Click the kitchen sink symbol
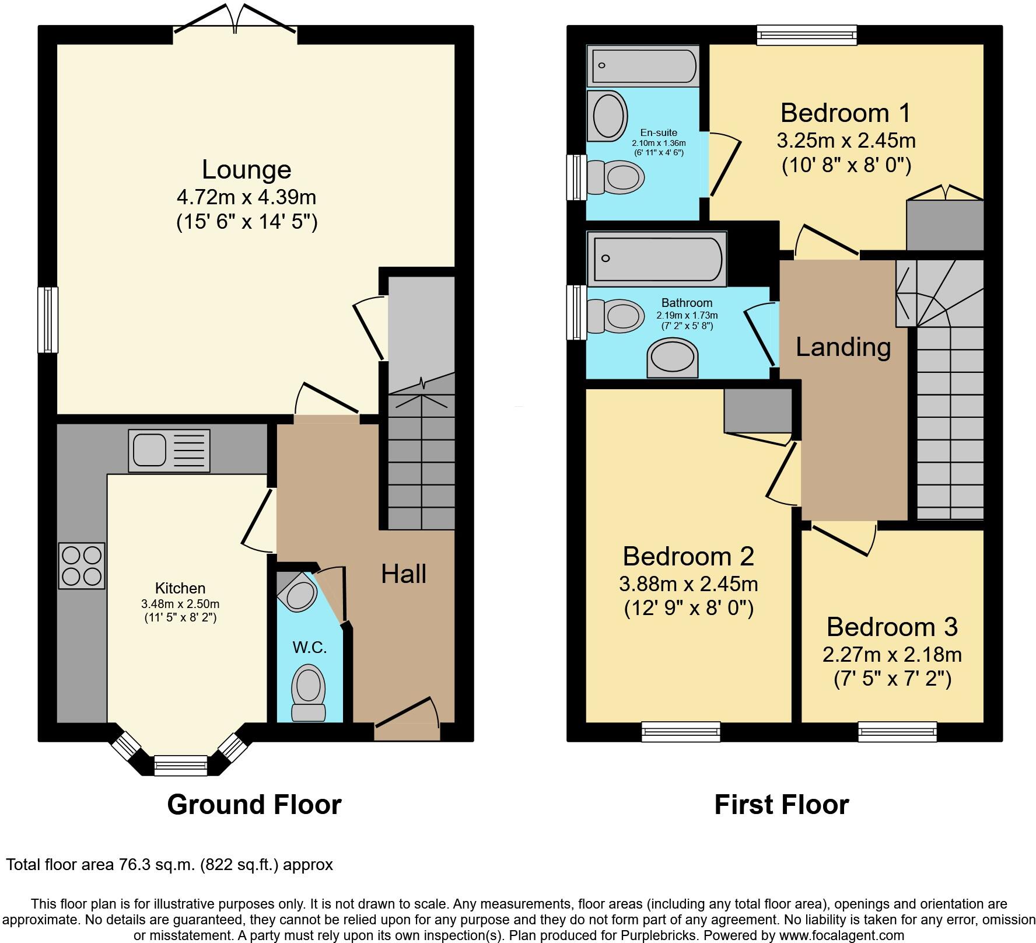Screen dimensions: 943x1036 point(169,450)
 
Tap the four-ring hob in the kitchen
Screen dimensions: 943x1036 point(82,565)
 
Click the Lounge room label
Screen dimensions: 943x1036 point(247,170)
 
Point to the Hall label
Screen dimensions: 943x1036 point(404,574)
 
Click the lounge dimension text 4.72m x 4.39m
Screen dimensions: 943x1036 point(246,197)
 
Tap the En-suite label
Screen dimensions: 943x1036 point(659,132)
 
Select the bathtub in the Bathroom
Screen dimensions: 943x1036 point(657,259)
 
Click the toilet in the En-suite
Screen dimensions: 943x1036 point(616,177)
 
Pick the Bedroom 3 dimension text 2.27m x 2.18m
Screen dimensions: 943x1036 point(892,655)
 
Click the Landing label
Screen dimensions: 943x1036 point(843,347)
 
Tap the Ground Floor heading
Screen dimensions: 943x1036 point(254,805)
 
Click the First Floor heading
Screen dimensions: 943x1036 point(782,805)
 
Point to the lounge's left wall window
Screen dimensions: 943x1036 point(48,320)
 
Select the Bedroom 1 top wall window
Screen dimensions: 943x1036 point(807,34)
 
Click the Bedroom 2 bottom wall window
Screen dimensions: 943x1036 point(681,732)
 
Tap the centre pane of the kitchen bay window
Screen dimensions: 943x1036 point(180,765)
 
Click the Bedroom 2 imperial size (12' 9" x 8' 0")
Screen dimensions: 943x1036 point(688,609)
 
